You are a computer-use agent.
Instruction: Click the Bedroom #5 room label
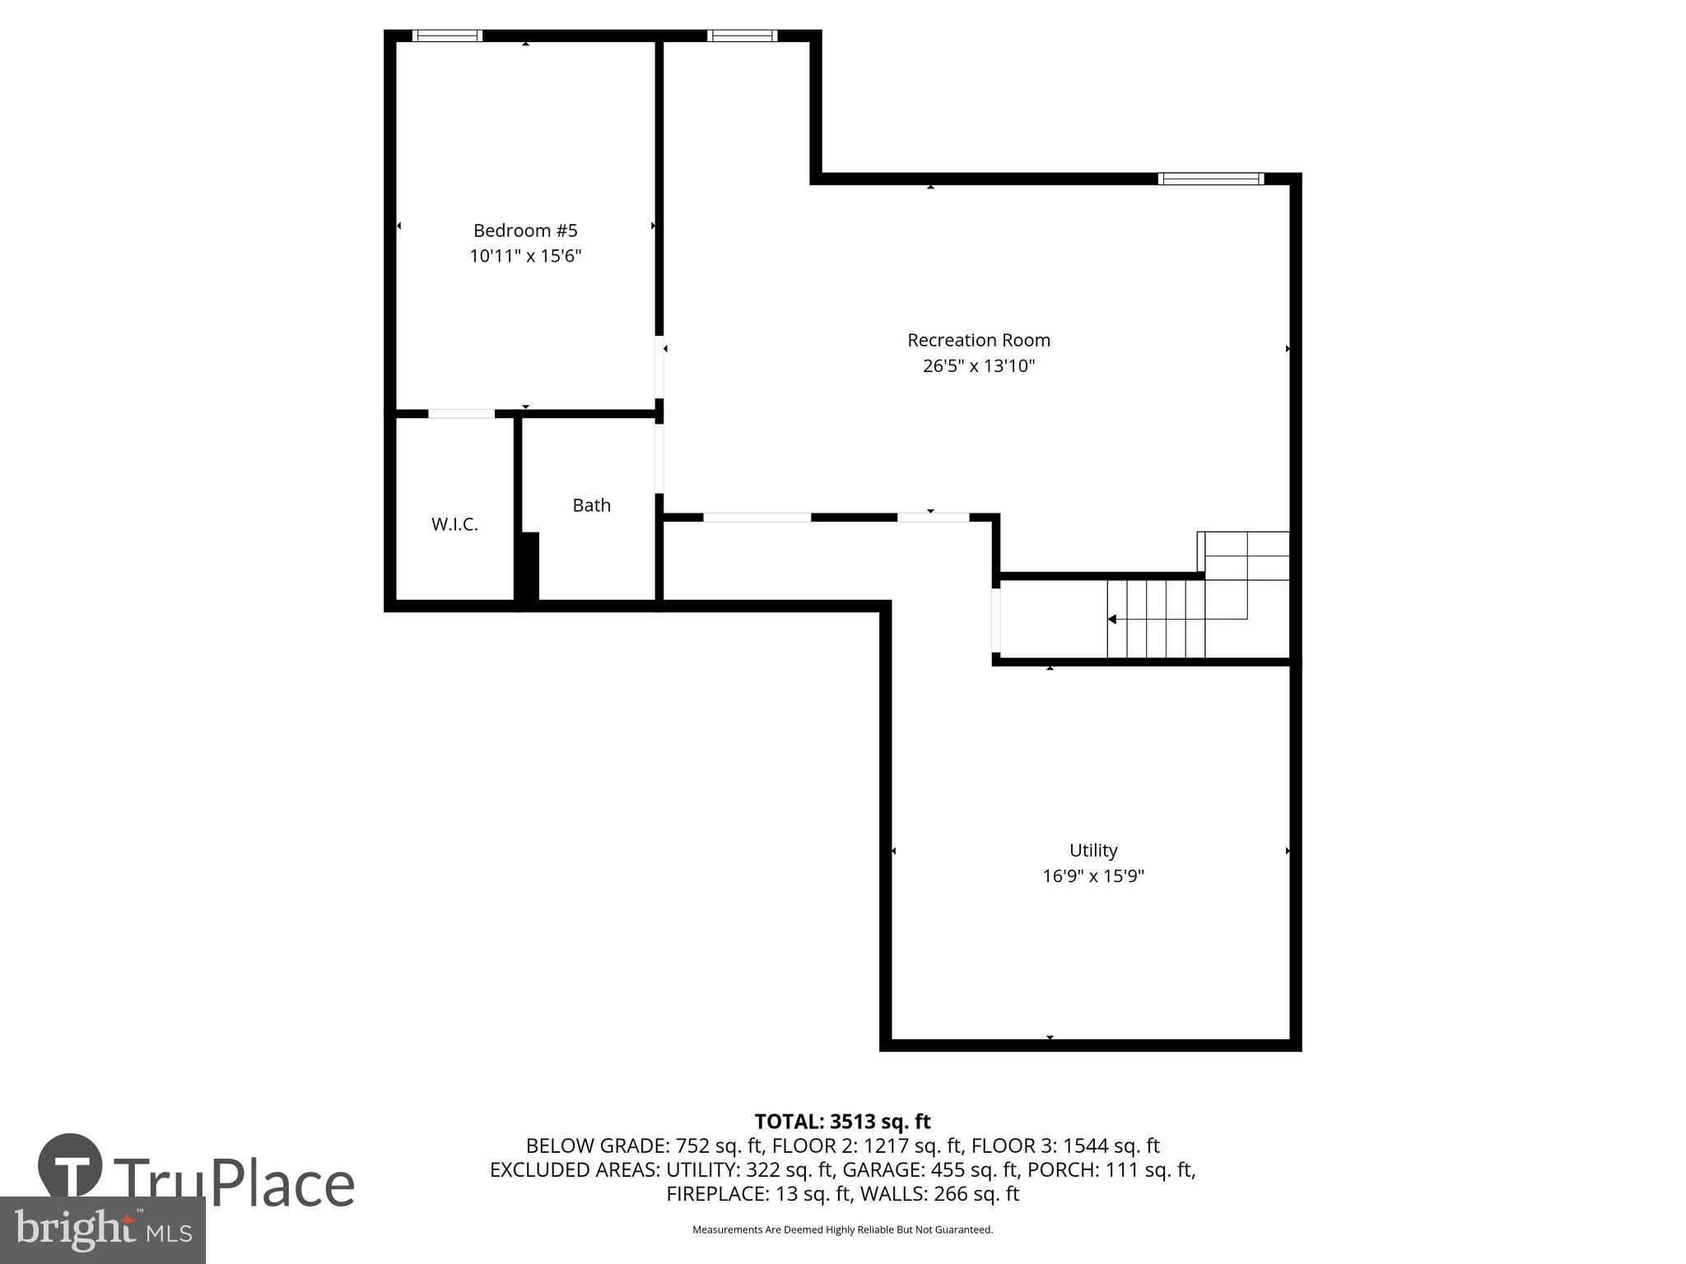(525, 230)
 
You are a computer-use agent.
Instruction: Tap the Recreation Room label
(978, 340)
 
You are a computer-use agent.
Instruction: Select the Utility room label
(1092, 850)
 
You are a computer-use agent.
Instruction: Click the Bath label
(591, 505)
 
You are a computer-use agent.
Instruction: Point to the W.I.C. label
(454, 524)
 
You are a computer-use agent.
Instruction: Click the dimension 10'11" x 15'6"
(525, 256)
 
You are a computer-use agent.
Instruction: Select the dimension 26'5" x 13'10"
(978, 365)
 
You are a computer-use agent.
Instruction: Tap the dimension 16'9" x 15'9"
(1092, 876)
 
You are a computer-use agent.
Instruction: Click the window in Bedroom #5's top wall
(446, 35)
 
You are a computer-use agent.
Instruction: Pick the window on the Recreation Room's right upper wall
(1210, 179)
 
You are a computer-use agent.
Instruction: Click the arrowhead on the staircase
(1111, 619)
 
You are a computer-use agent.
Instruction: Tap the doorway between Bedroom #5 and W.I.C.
(461, 413)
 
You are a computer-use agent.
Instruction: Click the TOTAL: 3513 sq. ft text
(842, 1121)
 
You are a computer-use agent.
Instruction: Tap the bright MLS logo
(103, 1230)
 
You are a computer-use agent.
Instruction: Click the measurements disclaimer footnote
(842, 1229)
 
